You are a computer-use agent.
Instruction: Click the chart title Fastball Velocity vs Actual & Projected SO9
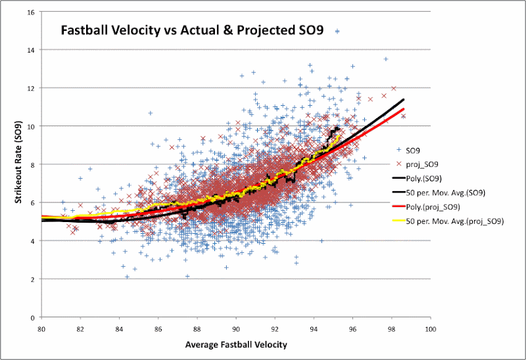tap(191, 31)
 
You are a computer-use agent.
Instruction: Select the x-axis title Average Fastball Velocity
tap(237, 344)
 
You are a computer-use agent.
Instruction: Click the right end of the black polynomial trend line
tap(404, 100)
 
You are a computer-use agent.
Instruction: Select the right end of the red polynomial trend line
tap(404, 109)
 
